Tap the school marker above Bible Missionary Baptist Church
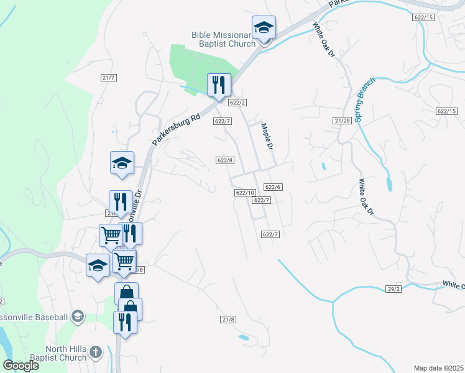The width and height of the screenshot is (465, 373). [264, 29]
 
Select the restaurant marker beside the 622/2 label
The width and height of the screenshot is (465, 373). [218, 85]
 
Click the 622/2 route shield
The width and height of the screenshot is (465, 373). [237, 103]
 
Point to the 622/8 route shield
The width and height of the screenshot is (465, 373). [225, 160]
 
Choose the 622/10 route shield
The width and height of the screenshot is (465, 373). [246, 193]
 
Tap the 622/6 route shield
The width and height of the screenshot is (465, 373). [274, 187]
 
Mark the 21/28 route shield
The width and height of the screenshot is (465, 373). [343, 120]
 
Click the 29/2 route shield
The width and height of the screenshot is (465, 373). [393, 290]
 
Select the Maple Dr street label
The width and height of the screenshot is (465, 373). [267, 137]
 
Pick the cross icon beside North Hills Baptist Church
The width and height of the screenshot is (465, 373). [95, 352]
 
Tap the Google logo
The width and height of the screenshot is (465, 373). [21, 366]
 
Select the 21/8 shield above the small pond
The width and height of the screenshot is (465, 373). [228, 320]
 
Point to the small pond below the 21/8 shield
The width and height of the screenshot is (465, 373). [244, 338]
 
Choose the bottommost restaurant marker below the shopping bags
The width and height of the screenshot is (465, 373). [125, 322]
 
